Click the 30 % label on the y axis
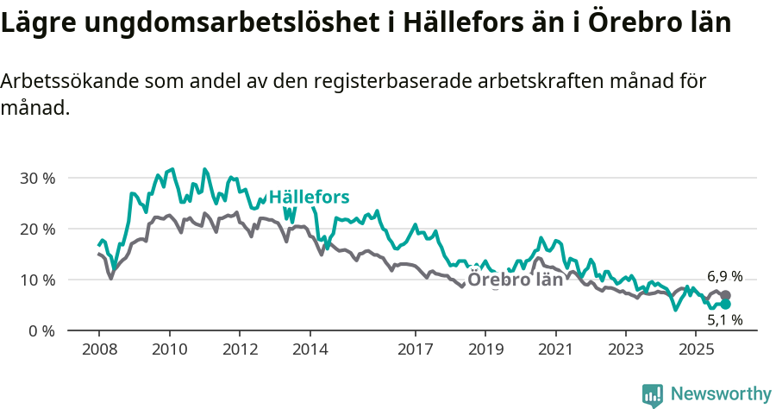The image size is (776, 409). [37, 179]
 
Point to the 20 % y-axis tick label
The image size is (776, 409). [37, 230]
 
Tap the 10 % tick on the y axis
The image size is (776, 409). [37, 280]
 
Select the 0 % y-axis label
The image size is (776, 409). [41, 331]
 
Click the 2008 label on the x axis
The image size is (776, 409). [98, 349]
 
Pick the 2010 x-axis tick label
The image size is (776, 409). [169, 349]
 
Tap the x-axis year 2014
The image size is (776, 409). [310, 349]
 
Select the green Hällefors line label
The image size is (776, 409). [309, 198]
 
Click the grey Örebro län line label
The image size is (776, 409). [515, 280]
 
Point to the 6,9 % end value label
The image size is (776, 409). [724, 277]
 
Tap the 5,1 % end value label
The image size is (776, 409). [724, 320]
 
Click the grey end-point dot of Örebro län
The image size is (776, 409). [725, 295]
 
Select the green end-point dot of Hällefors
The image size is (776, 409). [725, 305]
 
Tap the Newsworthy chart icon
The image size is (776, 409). [653, 394]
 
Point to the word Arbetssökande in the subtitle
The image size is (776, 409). [69, 82]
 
